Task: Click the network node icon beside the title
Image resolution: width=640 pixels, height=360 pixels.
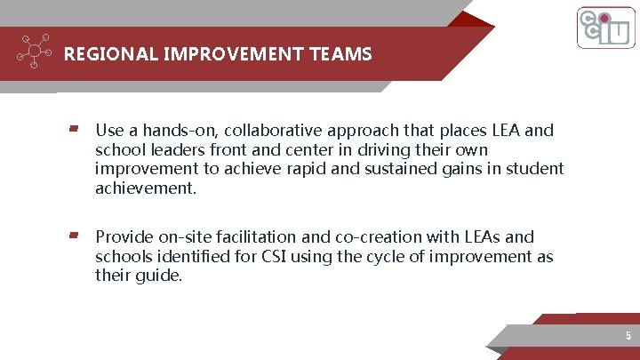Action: click(34, 52)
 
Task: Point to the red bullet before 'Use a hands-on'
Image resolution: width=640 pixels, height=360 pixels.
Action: click(75, 130)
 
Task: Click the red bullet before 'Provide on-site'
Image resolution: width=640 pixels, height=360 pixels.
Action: click(75, 236)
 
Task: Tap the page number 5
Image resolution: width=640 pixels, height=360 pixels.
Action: click(628, 336)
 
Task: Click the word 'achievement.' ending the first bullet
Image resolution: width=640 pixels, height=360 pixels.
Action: click(145, 188)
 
